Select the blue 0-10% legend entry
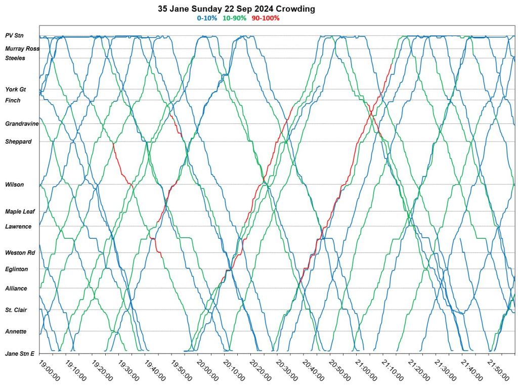[x=207, y=18]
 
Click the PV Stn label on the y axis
[x=15, y=36]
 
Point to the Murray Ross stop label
[x=22, y=49]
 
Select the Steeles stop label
[x=15, y=58]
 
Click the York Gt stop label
[x=16, y=90]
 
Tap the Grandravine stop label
[x=22, y=124]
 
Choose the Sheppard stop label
[x=18, y=142]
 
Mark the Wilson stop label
[x=15, y=185]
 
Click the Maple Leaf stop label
[x=20, y=212]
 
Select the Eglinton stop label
[x=17, y=269]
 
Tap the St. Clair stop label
[x=16, y=310]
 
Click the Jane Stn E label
[x=19, y=353]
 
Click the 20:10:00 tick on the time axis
[x=235, y=371]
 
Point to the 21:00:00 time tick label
[x=367, y=371]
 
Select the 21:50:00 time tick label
[x=499, y=371]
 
